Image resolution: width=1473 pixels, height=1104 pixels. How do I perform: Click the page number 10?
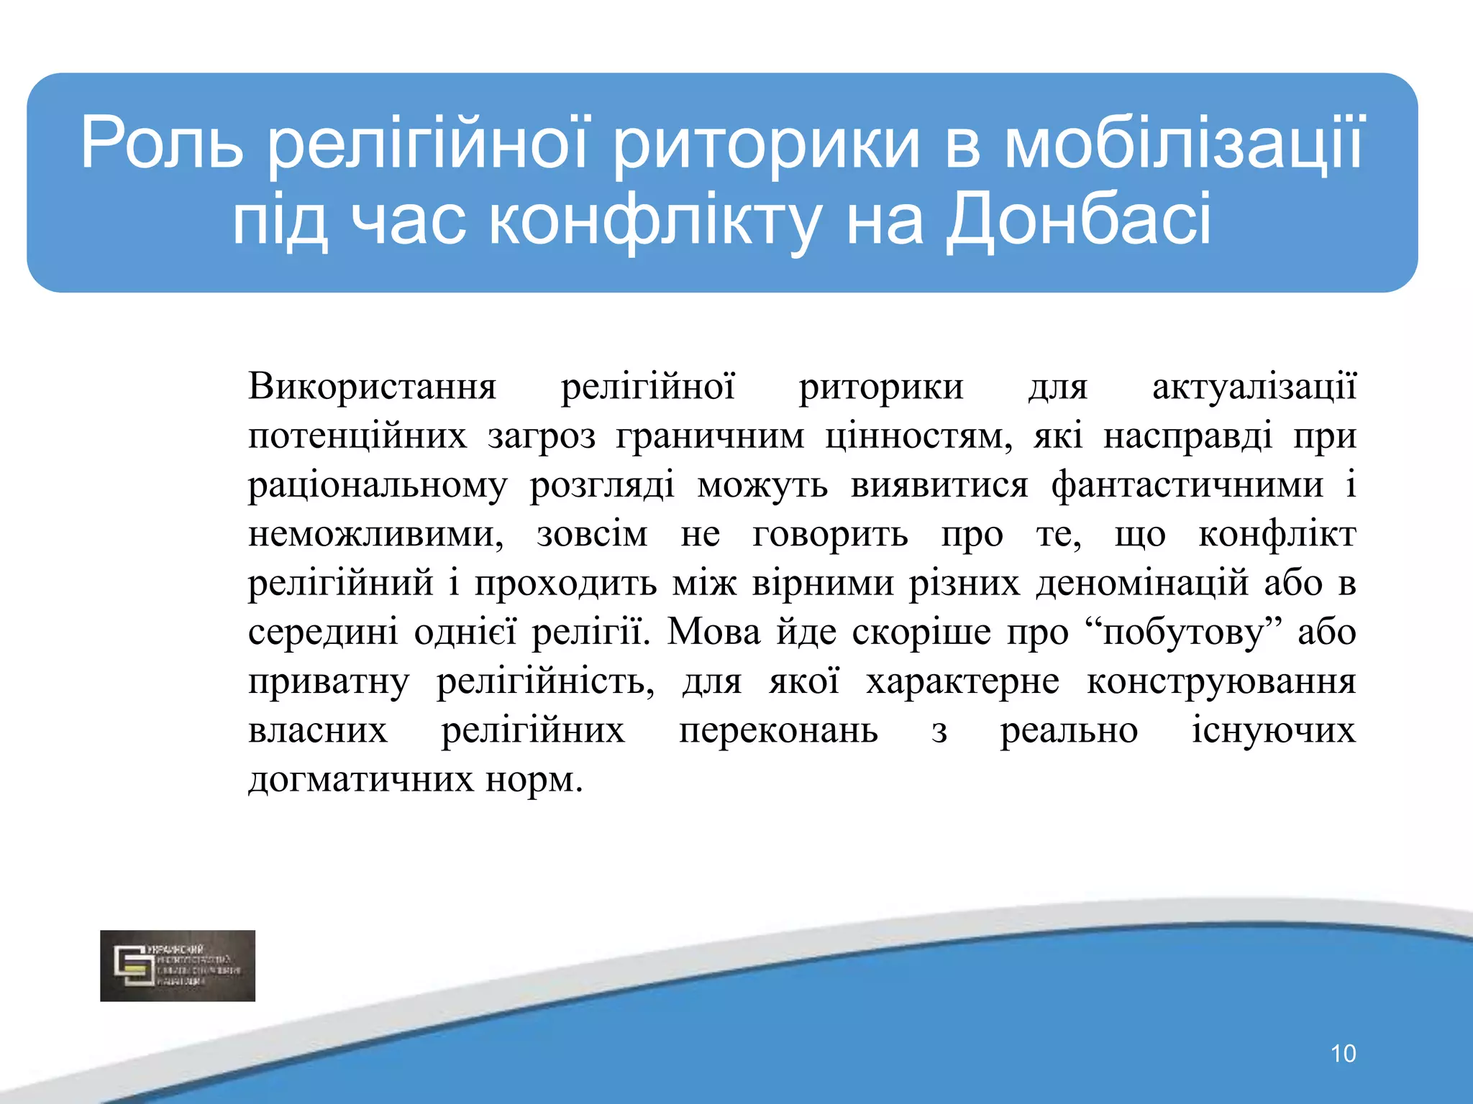coord(1343,1054)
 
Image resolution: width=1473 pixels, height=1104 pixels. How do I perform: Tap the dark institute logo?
coord(178,965)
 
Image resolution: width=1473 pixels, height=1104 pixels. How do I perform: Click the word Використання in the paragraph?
coord(372,387)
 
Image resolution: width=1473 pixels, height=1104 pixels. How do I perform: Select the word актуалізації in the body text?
coord(1254,387)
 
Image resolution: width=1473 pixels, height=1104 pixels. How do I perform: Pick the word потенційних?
coord(357,436)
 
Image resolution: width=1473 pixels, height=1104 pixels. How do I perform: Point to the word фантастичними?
coord(1187,485)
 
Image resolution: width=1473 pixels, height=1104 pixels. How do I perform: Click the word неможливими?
coord(375,535)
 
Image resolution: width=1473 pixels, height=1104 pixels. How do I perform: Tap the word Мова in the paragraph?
coord(713,632)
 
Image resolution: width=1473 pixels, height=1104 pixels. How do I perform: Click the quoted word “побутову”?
coord(1184,632)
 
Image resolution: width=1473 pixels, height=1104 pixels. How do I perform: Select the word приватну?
coord(328,681)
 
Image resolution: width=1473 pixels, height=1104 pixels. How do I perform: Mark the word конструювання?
coord(1221,681)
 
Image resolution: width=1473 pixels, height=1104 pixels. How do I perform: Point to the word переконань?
coord(778,731)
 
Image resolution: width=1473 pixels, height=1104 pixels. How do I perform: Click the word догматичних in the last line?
coord(360,780)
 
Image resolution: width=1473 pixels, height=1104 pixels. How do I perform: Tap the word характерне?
coord(962,681)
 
